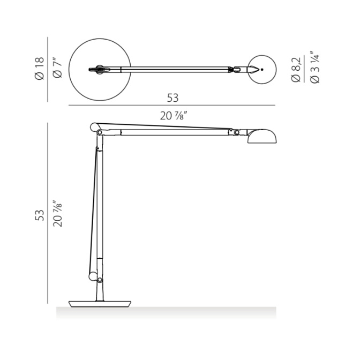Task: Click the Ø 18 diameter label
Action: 39,69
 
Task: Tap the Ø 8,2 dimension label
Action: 296,70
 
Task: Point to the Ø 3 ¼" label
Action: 314,67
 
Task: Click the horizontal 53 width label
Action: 172,98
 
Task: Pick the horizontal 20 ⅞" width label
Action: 174,116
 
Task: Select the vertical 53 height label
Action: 40,215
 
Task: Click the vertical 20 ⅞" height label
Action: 57,214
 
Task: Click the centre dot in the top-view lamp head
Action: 262,69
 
